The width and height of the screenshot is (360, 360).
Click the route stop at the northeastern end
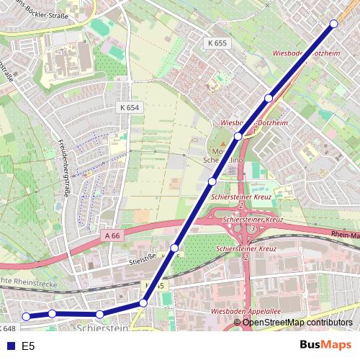(x=333, y=24)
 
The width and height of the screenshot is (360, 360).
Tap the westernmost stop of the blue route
(x=26, y=316)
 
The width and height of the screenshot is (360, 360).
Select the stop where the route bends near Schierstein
(x=143, y=303)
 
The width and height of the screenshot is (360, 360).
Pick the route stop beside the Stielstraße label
(x=174, y=248)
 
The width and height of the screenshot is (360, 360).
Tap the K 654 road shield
(x=126, y=107)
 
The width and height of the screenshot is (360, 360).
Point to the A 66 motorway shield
(x=112, y=235)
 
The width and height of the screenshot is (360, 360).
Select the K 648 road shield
(x=9, y=328)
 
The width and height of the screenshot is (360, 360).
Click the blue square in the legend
(x=9, y=346)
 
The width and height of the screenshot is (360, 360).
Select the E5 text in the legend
(x=28, y=346)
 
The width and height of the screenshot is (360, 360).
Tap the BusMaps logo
(x=325, y=345)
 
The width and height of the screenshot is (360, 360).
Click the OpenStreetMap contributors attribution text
(x=297, y=323)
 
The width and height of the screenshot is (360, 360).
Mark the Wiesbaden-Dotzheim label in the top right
(x=310, y=53)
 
